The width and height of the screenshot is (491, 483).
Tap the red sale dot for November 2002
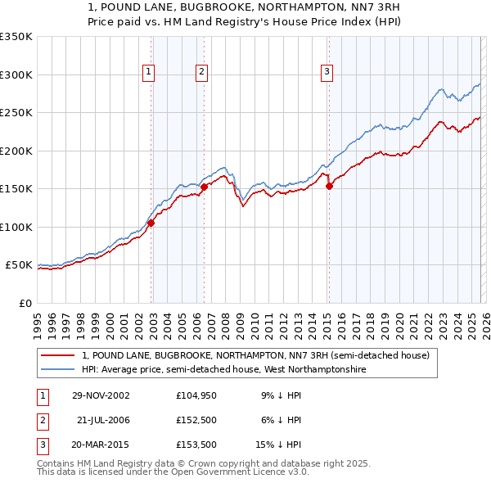pyautogui.click(x=151, y=223)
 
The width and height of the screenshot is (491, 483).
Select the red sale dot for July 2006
pyautogui.click(x=204, y=187)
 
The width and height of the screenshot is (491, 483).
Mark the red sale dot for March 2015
pyautogui.click(x=329, y=186)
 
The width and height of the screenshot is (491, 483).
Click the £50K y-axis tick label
pyautogui.click(x=19, y=265)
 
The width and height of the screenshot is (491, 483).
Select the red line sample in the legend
pyautogui.click(x=58, y=355)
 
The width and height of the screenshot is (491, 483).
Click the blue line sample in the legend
pyautogui.click(x=58, y=370)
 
